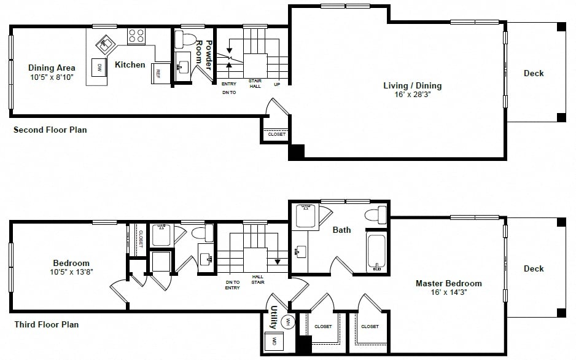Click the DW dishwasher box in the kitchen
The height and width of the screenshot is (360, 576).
tap(99, 67)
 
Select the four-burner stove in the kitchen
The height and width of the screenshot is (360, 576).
tap(136, 36)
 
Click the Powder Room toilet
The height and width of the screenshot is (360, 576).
tap(186, 39)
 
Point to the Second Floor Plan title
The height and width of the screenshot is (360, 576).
tap(50, 130)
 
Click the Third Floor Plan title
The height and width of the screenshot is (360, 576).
tap(46, 324)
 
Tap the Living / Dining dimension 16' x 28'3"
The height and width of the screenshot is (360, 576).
tap(413, 95)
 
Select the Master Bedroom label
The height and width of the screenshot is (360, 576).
tap(448, 283)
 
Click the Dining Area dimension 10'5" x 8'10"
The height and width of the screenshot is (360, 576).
tap(52, 77)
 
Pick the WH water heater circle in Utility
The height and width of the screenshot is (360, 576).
tap(287, 322)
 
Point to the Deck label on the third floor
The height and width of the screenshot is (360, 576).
tap(534, 268)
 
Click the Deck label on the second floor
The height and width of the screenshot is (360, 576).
tap(534, 73)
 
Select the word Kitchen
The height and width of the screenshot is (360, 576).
tap(130, 65)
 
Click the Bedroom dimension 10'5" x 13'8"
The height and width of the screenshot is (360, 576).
tap(71, 272)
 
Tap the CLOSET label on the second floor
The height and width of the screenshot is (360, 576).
tap(276, 135)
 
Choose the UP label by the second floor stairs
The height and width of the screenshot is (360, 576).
tap(277, 85)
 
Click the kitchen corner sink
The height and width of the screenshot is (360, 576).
tap(106, 45)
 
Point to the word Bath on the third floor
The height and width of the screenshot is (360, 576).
tap(341, 230)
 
